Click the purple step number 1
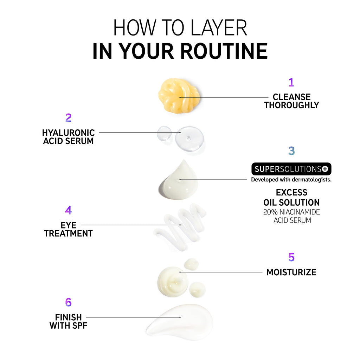(x=291, y=82)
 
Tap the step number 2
(x=69, y=118)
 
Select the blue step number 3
(x=291, y=151)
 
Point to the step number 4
(x=69, y=210)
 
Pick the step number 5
(x=291, y=257)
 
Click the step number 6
(x=69, y=302)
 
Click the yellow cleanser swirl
(x=179, y=96)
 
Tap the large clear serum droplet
(x=189, y=139)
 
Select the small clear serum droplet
(x=164, y=133)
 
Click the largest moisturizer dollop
(x=173, y=282)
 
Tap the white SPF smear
(x=180, y=321)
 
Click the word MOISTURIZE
(x=291, y=272)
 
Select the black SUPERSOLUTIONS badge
(x=291, y=169)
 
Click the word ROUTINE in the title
(x=224, y=51)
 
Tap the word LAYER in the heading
(x=219, y=27)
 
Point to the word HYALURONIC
(x=69, y=133)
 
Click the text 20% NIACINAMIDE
(x=291, y=212)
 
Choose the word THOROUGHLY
(x=291, y=105)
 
